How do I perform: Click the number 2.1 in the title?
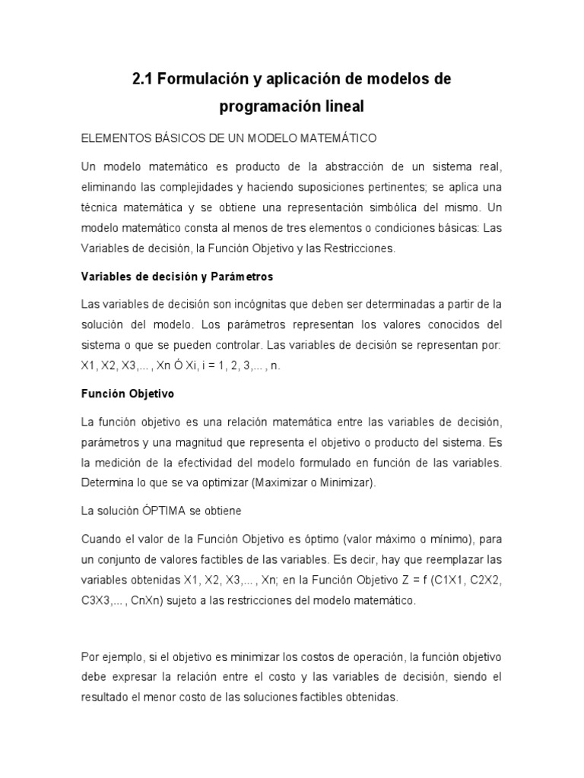coord(143,79)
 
